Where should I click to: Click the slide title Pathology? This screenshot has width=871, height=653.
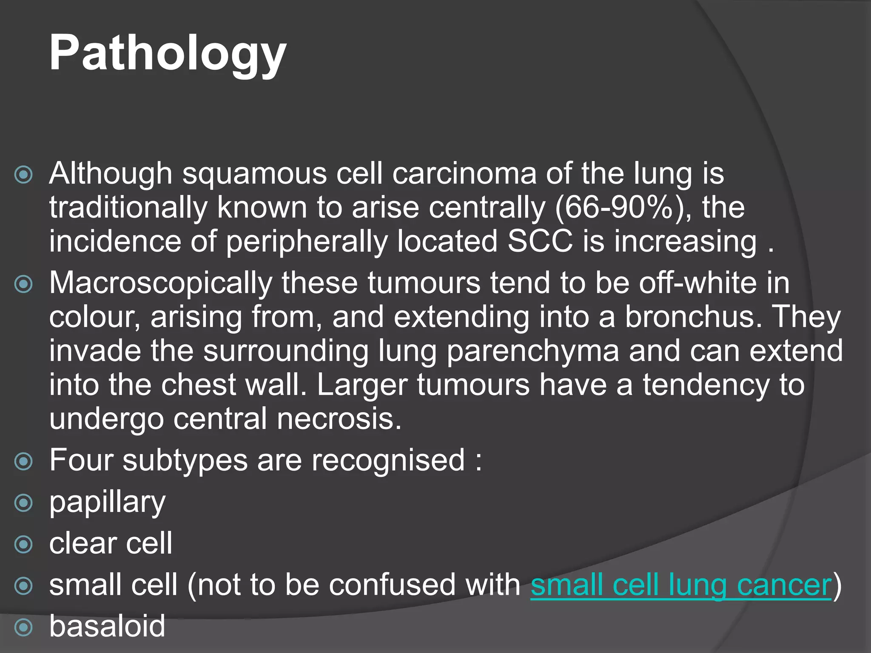(x=168, y=53)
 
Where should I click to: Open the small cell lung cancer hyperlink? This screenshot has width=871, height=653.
(x=680, y=585)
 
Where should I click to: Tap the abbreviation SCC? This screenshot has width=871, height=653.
(x=540, y=241)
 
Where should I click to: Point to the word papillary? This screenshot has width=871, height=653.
(x=107, y=503)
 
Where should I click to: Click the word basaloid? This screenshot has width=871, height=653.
(x=107, y=626)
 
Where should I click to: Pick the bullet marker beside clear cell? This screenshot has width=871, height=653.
(x=23, y=544)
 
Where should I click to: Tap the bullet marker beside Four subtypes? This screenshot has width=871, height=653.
(x=23, y=461)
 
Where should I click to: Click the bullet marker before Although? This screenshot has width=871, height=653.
(x=23, y=174)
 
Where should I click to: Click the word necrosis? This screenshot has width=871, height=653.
(x=339, y=419)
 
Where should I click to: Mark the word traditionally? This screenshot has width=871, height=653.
(x=128, y=208)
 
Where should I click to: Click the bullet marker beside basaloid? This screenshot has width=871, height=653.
(x=23, y=627)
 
